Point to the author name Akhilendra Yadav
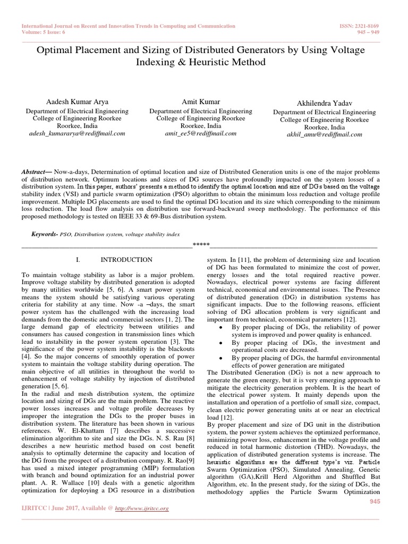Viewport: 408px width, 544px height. (324, 103)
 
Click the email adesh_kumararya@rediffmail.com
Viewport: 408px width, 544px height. (77, 133)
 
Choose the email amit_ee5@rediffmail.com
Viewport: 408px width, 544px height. (200, 133)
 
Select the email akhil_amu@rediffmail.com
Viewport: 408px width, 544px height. (324, 134)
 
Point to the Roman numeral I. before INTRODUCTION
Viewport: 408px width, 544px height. (78, 260)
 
